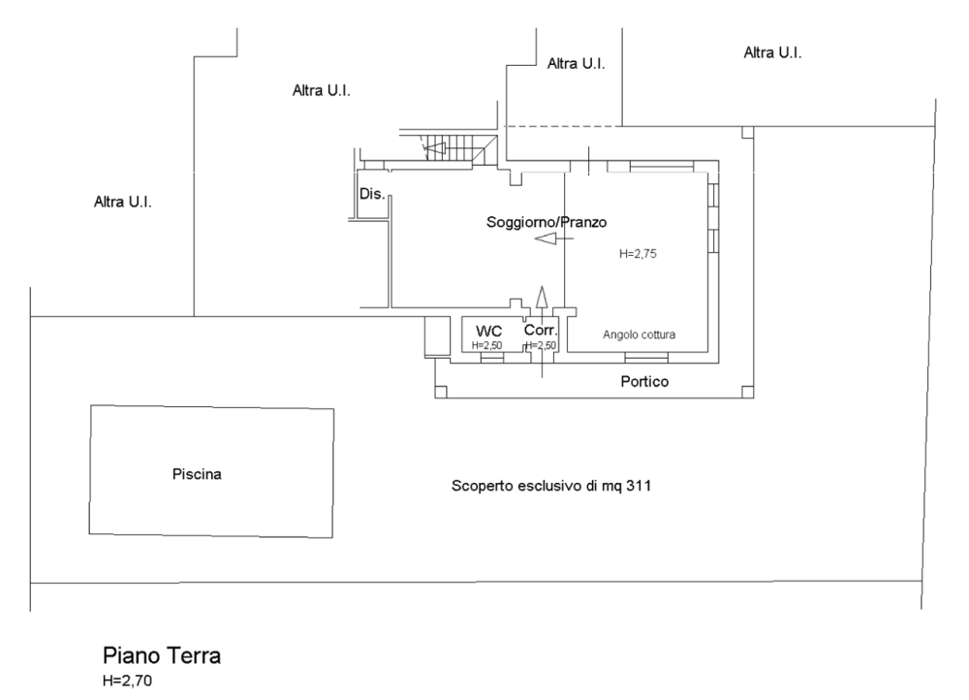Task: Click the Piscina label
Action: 197,474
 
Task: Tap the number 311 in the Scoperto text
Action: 639,486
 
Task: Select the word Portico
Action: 644,382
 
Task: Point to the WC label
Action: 488,332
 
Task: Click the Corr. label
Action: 541,331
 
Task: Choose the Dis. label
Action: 372,194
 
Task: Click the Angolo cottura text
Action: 639,334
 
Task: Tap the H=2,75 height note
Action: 638,254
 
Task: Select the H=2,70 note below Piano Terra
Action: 127,682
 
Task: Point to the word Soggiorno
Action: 515,222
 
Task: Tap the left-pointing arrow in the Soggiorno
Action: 553,239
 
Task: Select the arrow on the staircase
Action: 434,147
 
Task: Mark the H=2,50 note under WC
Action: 487,346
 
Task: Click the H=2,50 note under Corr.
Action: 541,346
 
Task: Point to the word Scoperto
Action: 482,486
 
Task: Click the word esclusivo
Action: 549,486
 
